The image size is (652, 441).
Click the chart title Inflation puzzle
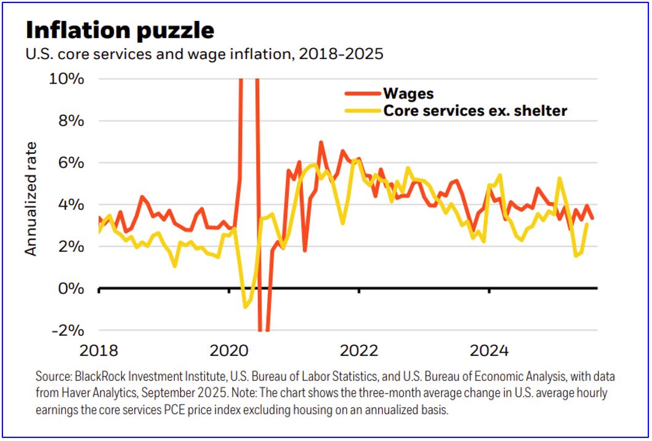coord(119,30)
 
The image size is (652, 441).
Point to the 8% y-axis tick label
coord(71,121)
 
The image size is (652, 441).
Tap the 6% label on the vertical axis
coord(71,163)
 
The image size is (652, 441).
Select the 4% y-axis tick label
coord(71,204)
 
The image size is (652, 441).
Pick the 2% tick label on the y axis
coord(71,246)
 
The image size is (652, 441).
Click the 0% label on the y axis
coord(71,288)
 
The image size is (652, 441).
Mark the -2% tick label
coord(68,330)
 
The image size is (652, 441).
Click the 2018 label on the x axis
coord(98,352)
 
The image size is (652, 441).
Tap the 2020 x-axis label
coord(228,352)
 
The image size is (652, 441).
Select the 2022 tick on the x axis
coord(359,352)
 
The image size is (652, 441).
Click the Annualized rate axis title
coord(31,198)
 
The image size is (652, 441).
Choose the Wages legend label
coord(408,94)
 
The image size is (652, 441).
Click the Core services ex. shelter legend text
coord(475,111)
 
